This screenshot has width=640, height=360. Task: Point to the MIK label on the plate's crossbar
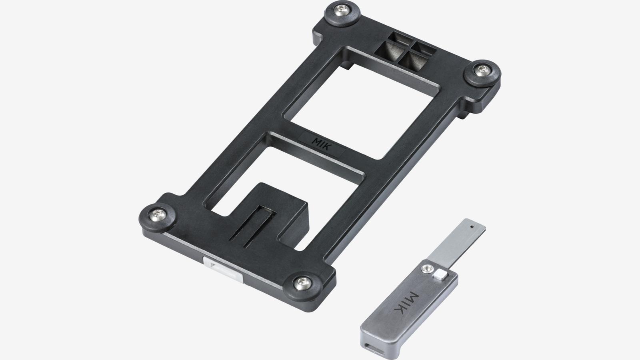click(322, 142)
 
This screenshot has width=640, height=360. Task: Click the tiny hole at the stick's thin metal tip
click(472, 226)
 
